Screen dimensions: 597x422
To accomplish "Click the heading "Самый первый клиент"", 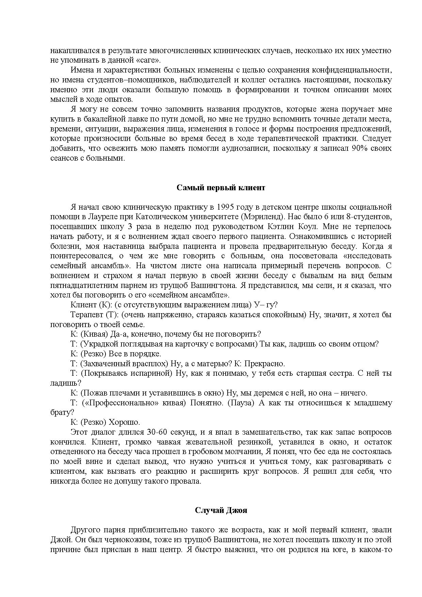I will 221,188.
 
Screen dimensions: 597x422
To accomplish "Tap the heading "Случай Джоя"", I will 221,511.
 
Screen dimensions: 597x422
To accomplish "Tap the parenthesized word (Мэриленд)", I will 258,217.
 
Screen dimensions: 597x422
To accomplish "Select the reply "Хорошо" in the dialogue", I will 124,422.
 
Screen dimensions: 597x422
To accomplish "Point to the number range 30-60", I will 157,432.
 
